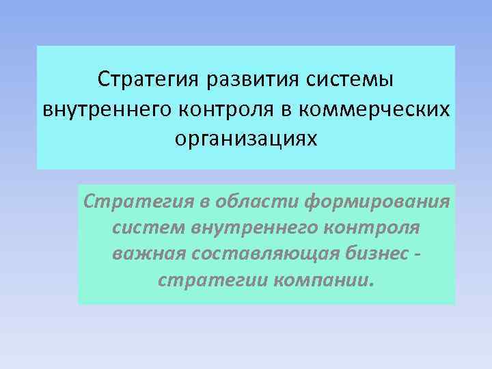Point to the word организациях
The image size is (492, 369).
(246, 139)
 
